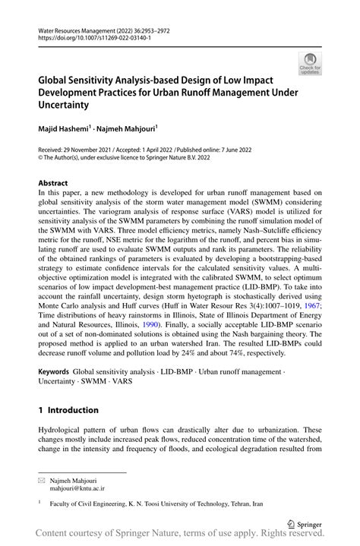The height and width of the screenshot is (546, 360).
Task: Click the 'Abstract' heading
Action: [52, 183]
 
